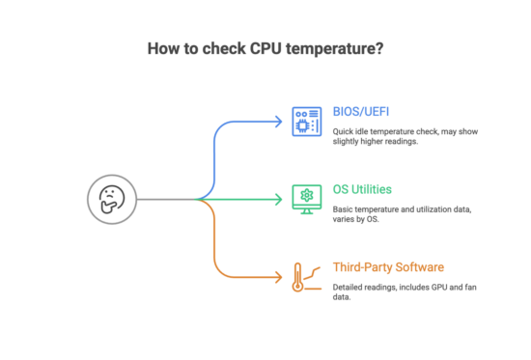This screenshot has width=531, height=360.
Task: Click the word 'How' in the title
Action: point(162,47)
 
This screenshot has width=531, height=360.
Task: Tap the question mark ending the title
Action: point(377,47)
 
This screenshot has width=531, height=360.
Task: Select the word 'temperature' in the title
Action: point(328,47)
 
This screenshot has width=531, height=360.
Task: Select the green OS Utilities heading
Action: point(362,190)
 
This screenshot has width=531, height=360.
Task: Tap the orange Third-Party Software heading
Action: point(388,266)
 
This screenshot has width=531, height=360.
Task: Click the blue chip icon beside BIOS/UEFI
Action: point(306,123)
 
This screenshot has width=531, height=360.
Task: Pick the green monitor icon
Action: point(306,199)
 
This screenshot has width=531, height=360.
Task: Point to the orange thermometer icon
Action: point(303,278)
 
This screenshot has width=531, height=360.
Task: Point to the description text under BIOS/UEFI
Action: point(405,135)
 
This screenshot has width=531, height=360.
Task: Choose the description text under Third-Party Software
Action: point(405,291)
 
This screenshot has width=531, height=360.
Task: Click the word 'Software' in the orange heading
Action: point(419,266)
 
